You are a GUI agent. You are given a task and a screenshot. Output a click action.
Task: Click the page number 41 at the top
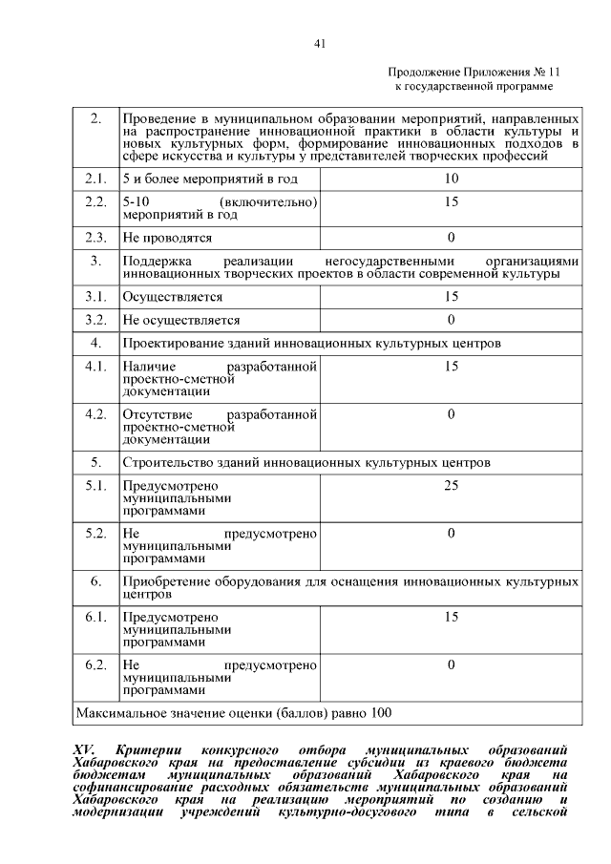click(320, 43)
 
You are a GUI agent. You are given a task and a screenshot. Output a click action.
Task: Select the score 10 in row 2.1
click(451, 179)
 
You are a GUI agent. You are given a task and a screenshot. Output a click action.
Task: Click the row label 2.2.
click(95, 202)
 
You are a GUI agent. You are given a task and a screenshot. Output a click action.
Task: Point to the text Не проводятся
click(167, 237)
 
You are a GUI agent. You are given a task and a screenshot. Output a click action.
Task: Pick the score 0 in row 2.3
click(451, 237)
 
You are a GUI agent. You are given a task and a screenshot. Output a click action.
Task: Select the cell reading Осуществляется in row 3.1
click(173, 297)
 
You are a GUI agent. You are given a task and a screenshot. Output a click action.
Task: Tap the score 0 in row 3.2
click(451, 320)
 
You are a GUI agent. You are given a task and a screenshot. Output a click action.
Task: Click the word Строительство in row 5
click(165, 462)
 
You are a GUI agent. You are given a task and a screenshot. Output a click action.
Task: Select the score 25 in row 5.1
click(451, 486)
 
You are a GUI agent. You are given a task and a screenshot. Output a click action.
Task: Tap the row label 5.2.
click(95, 534)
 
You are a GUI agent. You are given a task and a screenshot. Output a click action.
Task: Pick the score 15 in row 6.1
click(451, 617)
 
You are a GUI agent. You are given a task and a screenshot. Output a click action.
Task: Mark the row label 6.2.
click(95, 664)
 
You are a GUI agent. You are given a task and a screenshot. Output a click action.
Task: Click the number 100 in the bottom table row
click(380, 712)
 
